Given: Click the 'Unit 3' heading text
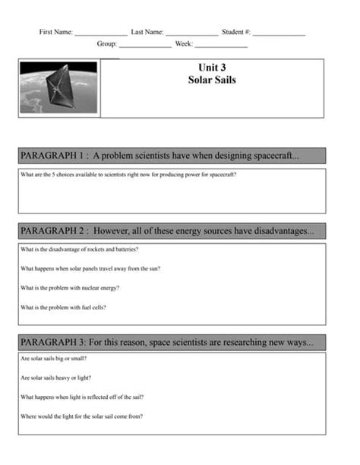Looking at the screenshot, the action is click(x=212, y=68).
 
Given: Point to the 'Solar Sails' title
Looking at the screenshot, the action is click(x=212, y=79).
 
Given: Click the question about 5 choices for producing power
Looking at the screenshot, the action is click(x=128, y=175).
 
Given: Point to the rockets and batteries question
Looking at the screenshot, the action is click(x=80, y=249).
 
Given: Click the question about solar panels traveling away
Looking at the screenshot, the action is click(x=90, y=268).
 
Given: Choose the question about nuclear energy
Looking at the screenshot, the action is click(x=71, y=288).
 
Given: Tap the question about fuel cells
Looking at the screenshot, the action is click(x=63, y=307).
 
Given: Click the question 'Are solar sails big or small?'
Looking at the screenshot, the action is click(x=54, y=358).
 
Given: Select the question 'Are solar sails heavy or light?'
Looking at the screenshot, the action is click(x=55, y=378).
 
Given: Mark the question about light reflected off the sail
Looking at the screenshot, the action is click(x=82, y=397).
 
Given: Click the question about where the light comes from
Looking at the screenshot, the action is click(x=82, y=416).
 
